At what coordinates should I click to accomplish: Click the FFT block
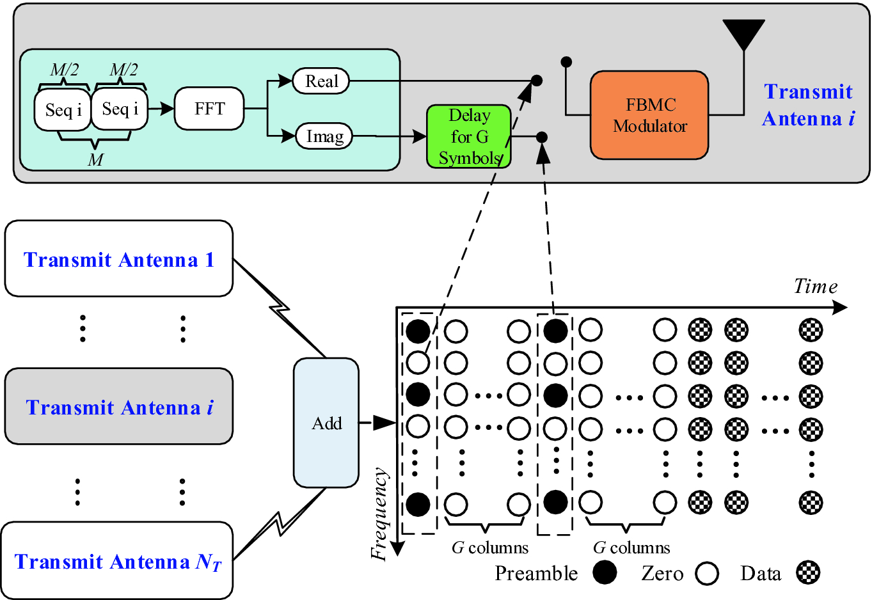coord(209,109)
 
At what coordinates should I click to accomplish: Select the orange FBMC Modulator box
coord(649,115)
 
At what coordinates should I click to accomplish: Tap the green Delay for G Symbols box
coord(469,137)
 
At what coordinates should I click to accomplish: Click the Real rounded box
coord(321,81)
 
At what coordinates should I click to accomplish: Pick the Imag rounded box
coord(324,136)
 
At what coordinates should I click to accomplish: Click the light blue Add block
coord(326,423)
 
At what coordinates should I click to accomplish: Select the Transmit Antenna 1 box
coord(119,259)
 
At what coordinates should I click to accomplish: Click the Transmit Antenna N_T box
coord(117,561)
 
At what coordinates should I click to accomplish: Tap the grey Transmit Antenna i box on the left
coord(119,407)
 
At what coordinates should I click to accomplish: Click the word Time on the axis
coord(815,286)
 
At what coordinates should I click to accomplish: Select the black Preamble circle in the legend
coord(605,572)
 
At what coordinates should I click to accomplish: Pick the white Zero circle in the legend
coord(707,573)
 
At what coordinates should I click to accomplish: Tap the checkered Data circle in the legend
coord(808,572)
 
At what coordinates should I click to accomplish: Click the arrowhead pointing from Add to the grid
coord(384,423)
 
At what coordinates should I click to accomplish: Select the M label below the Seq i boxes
coord(95,160)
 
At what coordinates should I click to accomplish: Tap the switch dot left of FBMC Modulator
coord(566,62)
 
